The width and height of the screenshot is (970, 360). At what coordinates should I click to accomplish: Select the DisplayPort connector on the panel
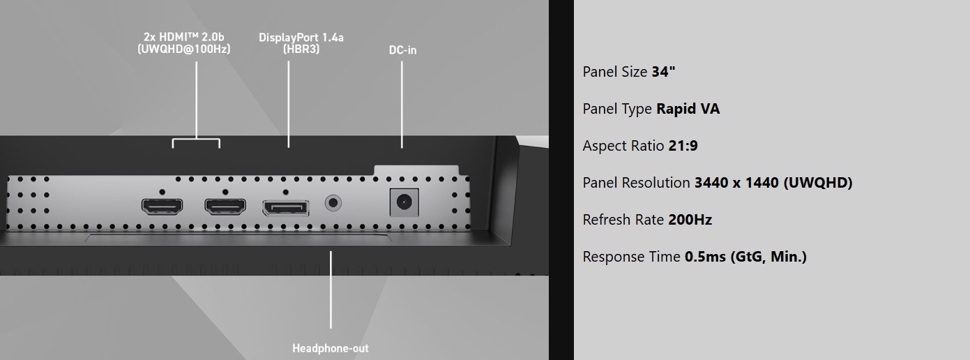pos(285,207)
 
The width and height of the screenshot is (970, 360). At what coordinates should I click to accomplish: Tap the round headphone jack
pos(333,204)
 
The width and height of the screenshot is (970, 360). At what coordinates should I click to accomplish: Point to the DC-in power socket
pos(402,202)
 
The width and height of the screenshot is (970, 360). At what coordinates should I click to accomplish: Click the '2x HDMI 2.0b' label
pos(184,36)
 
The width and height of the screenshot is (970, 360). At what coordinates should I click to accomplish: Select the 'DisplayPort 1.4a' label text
pos(301,37)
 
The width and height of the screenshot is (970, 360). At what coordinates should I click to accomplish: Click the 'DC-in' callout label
pos(402,50)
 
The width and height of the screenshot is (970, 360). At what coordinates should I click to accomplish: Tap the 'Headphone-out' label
pos(331,347)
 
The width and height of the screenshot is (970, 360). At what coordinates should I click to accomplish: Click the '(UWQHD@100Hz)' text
pos(184,49)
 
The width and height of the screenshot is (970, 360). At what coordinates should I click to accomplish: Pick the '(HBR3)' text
pos(301,50)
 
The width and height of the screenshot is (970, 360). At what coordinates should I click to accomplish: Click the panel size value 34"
pos(663,72)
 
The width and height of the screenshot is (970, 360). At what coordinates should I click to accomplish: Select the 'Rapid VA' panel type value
pos(688,109)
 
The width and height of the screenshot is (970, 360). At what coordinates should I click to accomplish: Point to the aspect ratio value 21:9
pos(683,146)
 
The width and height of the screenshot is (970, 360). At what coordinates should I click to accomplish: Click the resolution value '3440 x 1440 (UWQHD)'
pos(773,183)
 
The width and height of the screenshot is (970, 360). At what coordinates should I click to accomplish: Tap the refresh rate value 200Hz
pos(690,220)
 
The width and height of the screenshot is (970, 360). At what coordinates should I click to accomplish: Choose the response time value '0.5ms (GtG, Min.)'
pos(745,257)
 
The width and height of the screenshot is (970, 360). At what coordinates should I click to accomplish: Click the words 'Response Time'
pos(631,257)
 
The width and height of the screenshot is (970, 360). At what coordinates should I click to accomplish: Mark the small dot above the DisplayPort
pos(285,191)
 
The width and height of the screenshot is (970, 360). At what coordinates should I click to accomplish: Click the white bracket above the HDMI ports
pos(196,141)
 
